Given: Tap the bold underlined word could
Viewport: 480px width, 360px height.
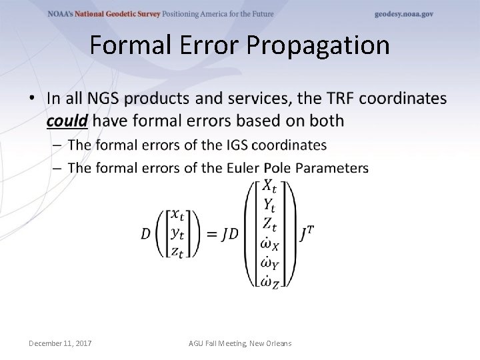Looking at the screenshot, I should (x=67, y=121).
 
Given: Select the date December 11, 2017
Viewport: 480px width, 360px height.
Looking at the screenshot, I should (x=61, y=343).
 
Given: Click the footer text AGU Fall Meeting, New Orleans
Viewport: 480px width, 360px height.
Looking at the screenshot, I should (x=240, y=343).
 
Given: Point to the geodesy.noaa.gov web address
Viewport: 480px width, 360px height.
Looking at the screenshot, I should (x=403, y=14).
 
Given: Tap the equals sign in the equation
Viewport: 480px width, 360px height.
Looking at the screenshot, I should (x=209, y=233).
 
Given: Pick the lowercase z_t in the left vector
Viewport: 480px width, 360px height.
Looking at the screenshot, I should (x=177, y=251).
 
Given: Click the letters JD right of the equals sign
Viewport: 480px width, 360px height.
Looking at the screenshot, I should (x=229, y=233).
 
